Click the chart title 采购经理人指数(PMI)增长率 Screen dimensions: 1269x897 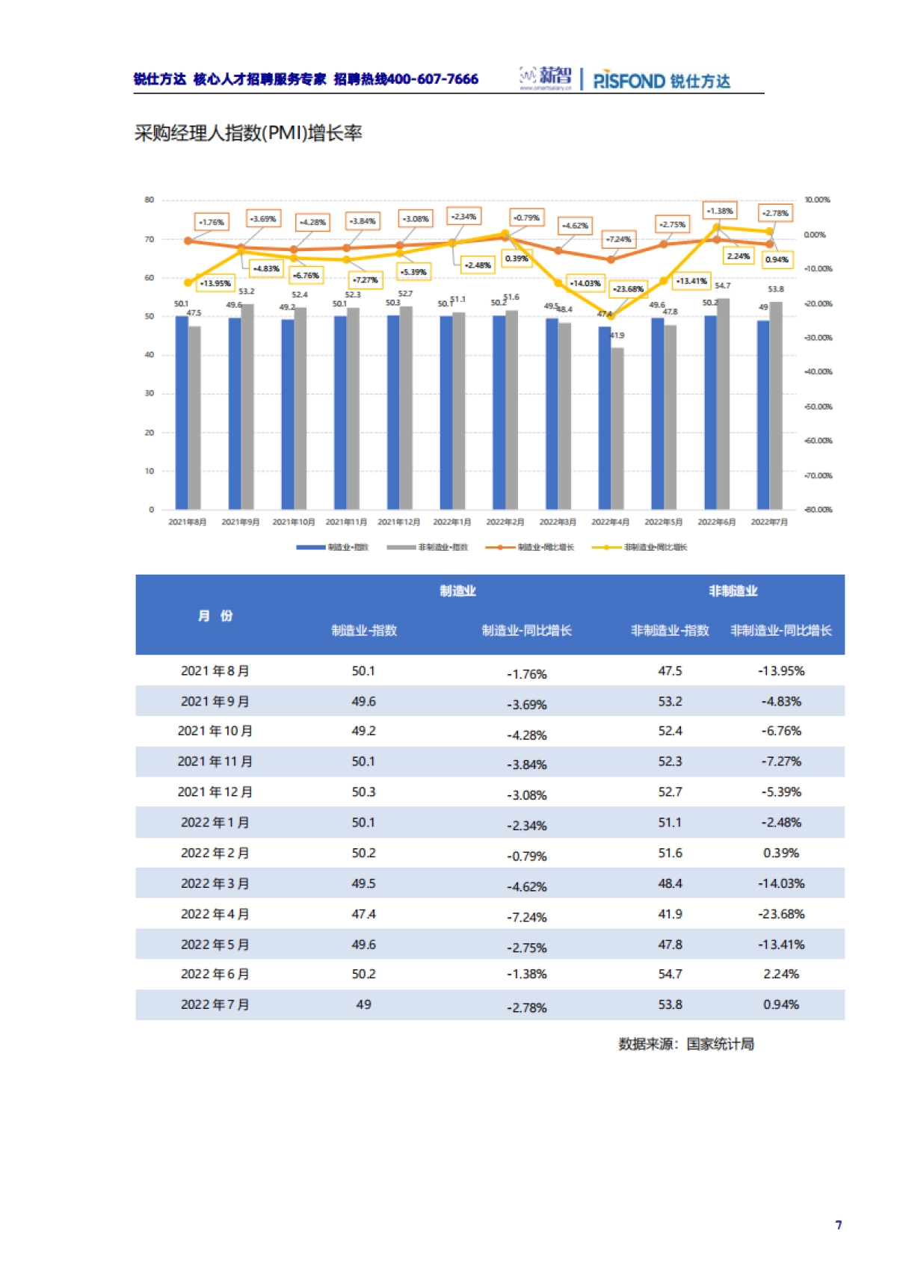coord(247,134)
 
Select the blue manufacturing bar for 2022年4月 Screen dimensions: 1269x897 coord(604,419)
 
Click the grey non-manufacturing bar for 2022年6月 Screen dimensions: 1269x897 coord(723,404)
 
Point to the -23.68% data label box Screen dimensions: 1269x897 coord(628,288)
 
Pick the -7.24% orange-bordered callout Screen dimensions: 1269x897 coord(619,239)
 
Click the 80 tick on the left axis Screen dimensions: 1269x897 coord(149,200)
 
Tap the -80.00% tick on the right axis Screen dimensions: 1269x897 coord(818,510)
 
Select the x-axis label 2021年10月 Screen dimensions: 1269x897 coord(293,522)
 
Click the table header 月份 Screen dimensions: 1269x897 coord(215,616)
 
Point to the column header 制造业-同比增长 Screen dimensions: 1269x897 coord(526,631)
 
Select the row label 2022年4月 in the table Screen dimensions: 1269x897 coord(215,914)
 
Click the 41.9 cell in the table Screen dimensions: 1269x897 coord(670,914)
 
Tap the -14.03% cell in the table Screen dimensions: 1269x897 coord(781,883)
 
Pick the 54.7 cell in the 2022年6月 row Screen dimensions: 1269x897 coord(670,975)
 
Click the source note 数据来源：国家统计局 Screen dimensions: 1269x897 coord(685,1044)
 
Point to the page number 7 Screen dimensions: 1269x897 coord(839,1225)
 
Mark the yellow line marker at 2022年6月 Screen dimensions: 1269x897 coord(716,227)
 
